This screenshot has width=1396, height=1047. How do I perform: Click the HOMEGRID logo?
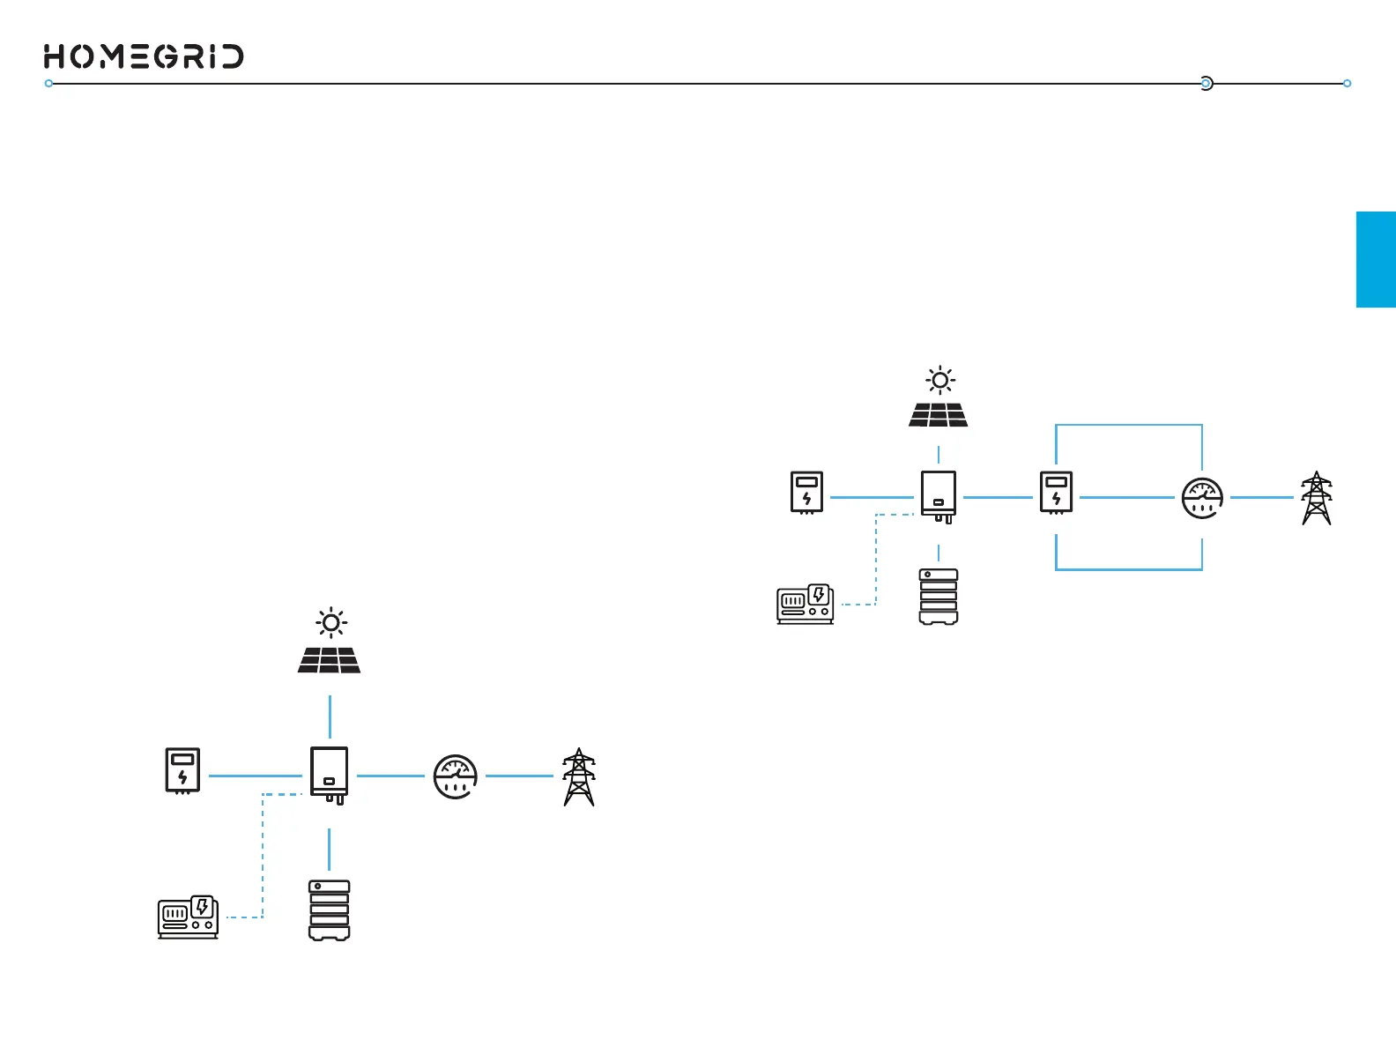[x=144, y=56]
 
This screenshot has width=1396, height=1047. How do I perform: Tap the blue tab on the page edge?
[x=1375, y=259]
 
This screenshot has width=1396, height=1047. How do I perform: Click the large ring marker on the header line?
[x=1207, y=84]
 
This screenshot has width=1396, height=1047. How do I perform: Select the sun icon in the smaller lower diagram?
[x=331, y=623]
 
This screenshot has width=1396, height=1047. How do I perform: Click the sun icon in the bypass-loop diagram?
[x=940, y=381]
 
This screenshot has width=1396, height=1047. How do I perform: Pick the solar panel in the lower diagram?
[x=329, y=660]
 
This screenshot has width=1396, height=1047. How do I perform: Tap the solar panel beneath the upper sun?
[x=939, y=414]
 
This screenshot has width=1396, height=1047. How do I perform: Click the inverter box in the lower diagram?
[x=330, y=774]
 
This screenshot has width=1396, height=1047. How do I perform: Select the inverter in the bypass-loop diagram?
[x=939, y=496]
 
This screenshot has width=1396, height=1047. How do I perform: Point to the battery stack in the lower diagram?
[x=330, y=910]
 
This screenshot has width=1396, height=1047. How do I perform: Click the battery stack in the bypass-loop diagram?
[x=939, y=597]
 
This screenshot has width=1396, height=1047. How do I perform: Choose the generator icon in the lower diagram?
[x=189, y=917]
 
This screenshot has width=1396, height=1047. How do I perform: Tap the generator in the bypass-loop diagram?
[x=805, y=604]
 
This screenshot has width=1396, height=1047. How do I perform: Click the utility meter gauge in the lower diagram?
[x=456, y=776]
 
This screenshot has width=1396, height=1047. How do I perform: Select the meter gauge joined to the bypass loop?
[x=1202, y=498]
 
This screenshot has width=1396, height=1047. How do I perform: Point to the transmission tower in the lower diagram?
[x=579, y=776]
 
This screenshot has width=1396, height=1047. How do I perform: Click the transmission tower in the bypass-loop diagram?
[x=1317, y=498]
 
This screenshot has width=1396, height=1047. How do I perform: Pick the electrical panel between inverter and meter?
[x=1056, y=493]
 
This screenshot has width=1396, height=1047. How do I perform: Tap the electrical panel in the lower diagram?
[x=182, y=770]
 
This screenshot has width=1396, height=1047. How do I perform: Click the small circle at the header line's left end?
[x=49, y=84]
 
